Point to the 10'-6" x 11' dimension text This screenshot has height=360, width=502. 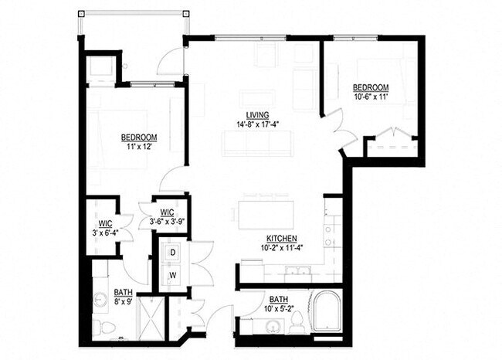point(370,97)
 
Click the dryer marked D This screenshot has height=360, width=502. point(172,253)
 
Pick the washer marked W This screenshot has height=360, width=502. point(172,274)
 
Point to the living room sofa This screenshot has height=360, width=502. point(257,141)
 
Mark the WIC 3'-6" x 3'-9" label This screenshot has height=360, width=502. point(166,216)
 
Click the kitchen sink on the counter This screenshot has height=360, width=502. point(296,271)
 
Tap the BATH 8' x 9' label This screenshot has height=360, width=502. point(123,297)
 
